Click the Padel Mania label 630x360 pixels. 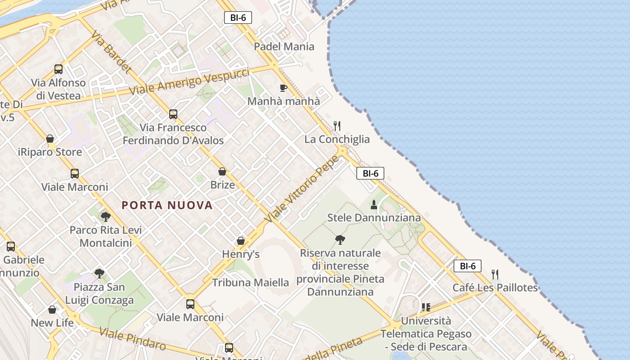click(284, 46)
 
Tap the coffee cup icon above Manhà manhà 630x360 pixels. click(283, 88)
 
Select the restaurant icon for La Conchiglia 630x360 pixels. click(337, 126)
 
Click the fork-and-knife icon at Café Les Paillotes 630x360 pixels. click(495, 274)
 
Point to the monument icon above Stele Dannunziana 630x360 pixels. click(374, 205)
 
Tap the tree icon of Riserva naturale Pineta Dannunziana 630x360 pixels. click(340, 239)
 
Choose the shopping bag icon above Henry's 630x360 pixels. click(241, 241)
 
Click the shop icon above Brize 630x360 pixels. click(222, 171)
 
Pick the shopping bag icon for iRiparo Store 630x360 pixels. click(50, 139)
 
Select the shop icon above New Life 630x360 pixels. click(52, 310)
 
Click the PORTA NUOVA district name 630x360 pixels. click(167, 205)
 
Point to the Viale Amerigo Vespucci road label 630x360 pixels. click(189, 81)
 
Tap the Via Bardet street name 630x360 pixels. click(113, 53)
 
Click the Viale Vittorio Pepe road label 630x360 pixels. click(302, 189)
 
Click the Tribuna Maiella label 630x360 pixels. click(250, 283)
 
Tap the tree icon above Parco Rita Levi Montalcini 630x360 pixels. click(105, 217)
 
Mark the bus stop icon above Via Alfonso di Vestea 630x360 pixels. click(58, 69)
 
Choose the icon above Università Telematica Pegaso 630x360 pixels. click(426, 307)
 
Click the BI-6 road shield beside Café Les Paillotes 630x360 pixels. click(468, 266)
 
